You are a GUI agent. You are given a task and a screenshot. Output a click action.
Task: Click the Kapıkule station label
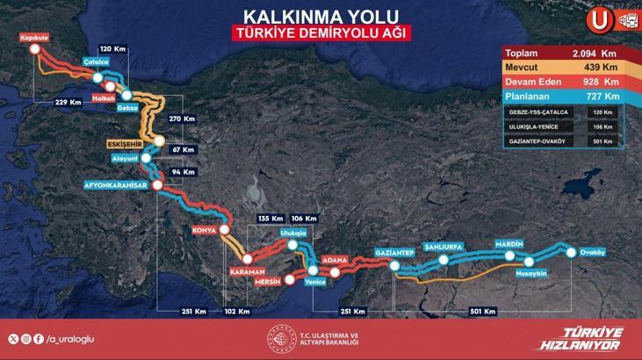(x=32, y=38)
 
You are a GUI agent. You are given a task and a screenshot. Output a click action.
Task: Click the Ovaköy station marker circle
(x=573, y=253)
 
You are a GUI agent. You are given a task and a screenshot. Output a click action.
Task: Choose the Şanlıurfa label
(x=442, y=247)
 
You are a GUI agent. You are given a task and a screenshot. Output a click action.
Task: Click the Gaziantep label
(x=393, y=252)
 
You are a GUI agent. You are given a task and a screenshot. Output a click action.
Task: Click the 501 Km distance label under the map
(x=483, y=311)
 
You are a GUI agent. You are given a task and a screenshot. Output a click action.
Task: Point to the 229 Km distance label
(x=69, y=102)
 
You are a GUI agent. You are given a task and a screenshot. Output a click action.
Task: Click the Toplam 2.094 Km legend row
(x=562, y=54)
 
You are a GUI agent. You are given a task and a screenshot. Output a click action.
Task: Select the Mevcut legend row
(x=562, y=68)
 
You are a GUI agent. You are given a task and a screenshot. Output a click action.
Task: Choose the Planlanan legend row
(x=562, y=96)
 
